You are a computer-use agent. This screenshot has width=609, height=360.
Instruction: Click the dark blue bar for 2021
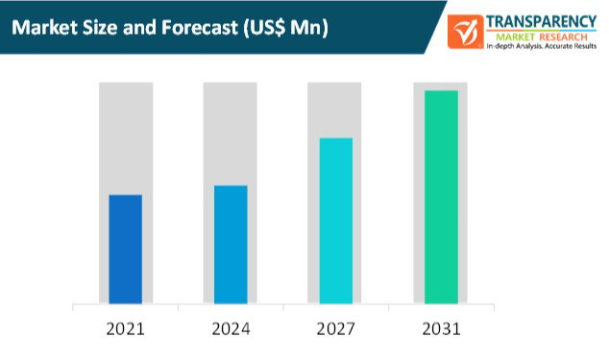[x=125, y=250]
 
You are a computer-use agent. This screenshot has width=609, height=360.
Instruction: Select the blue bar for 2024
[x=231, y=245]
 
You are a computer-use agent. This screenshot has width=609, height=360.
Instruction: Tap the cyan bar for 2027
[x=335, y=221]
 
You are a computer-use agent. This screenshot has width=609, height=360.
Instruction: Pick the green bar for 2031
[x=441, y=197]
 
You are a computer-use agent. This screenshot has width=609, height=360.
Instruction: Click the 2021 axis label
[x=125, y=329]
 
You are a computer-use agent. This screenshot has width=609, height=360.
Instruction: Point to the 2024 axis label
[x=231, y=329]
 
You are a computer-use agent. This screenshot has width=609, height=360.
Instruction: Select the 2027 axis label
[x=335, y=329]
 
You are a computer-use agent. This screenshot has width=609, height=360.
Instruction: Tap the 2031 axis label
[x=441, y=329]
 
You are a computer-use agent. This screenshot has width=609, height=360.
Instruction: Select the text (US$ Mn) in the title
[x=288, y=28]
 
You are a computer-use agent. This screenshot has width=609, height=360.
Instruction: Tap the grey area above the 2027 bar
[x=335, y=109]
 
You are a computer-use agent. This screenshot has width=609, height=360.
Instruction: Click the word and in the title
[x=147, y=28]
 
